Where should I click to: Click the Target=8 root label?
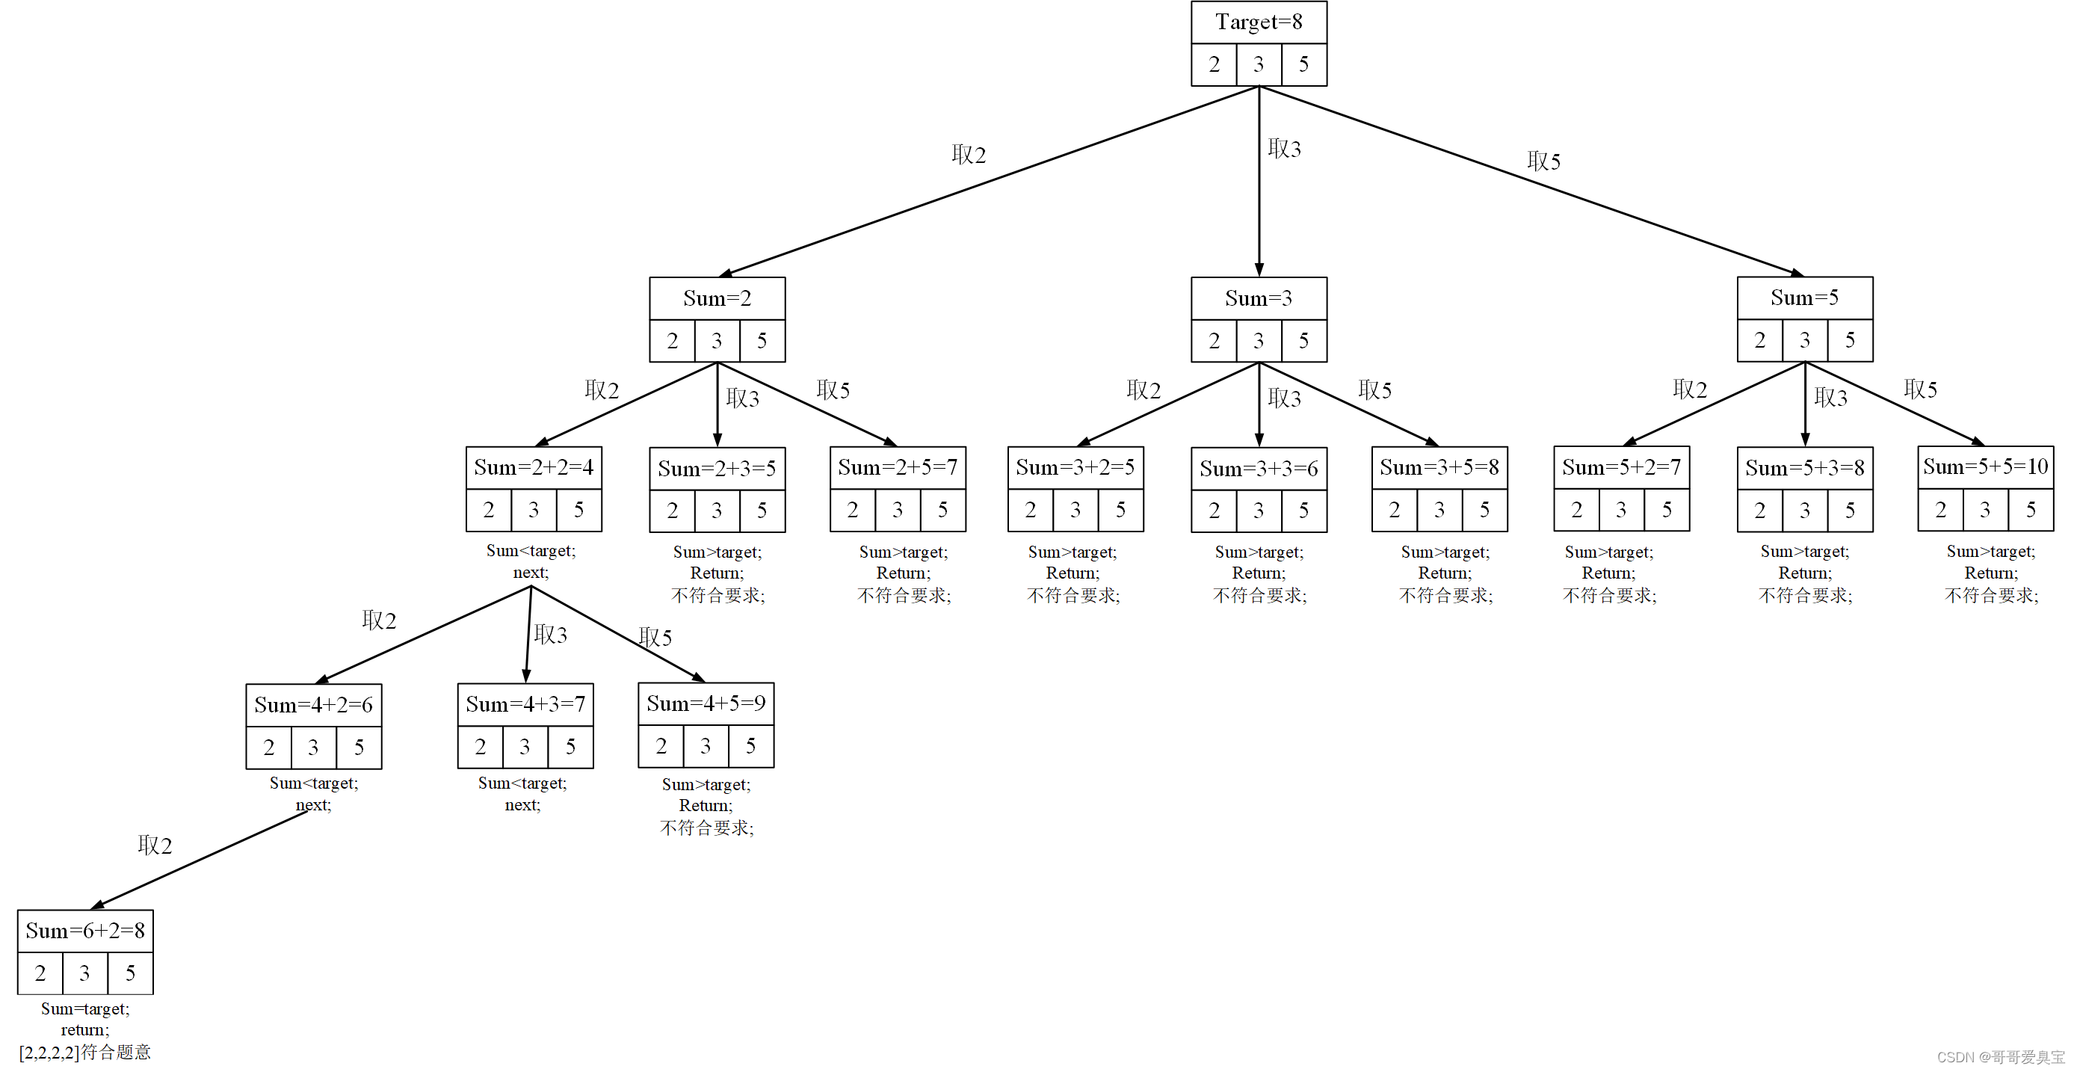[x=1259, y=22]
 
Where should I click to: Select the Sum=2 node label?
[x=717, y=298]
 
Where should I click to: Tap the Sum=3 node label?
[x=1259, y=298]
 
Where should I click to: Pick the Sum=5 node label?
[x=1804, y=298]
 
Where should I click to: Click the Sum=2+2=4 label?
[x=534, y=467]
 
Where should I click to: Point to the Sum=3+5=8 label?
[x=1439, y=467]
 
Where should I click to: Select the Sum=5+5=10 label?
[x=1985, y=466]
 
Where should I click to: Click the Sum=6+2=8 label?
[x=85, y=931]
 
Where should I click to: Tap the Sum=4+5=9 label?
[x=706, y=703]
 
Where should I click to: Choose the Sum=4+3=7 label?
[x=525, y=704]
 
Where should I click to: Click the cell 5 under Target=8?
[x=1303, y=64]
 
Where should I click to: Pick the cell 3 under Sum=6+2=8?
[x=84, y=973]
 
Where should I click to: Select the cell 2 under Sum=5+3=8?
[x=1760, y=510]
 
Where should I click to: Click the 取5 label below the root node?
[x=1543, y=161]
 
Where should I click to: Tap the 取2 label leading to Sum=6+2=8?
[x=155, y=845]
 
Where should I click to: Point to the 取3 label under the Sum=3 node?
[x=1285, y=398]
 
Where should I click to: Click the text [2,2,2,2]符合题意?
[x=84, y=1052]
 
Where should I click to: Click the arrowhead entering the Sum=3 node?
[x=1259, y=269]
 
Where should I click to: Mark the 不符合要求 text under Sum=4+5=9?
[x=706, y=828]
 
